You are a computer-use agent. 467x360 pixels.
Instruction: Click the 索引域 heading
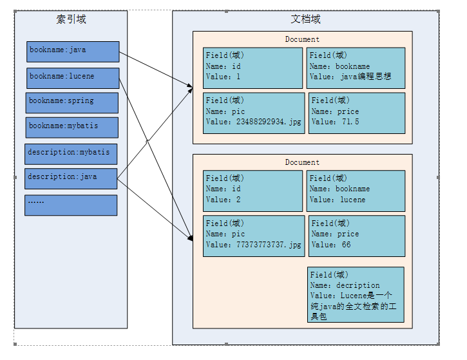coord(71,19)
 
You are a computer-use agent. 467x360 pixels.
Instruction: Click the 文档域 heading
coord(305,19)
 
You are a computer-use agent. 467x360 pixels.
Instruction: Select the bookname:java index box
coord(73,52)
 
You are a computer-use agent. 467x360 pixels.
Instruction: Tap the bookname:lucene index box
coord(73,79)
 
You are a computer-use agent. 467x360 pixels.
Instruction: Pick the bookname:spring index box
coord(72,103)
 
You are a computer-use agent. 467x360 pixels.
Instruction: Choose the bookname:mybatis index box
coord(72,128)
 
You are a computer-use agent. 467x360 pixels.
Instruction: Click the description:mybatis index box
coord(71,154)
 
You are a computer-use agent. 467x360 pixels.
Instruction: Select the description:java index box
coord(71,178)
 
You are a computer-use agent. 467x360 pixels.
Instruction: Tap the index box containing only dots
coord(71,205)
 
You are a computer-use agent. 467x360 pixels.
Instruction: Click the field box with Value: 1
coord(253,68)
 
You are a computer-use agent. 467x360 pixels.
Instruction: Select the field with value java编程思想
coord(356,68)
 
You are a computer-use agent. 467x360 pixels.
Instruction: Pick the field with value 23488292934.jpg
coord(254,113)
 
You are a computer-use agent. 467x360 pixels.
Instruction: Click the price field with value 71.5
coord(357,113)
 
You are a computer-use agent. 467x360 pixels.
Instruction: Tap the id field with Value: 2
coord(253,191)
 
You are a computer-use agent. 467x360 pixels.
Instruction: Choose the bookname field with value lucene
coord(356,191)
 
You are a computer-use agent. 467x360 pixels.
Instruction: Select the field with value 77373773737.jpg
coord(254,236)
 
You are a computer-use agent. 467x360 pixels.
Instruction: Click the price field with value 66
coord(357,236)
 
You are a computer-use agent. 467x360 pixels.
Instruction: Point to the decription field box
coord(356,294)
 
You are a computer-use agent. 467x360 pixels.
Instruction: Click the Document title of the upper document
coord(302,39)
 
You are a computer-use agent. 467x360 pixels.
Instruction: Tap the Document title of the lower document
coord(302,162)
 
